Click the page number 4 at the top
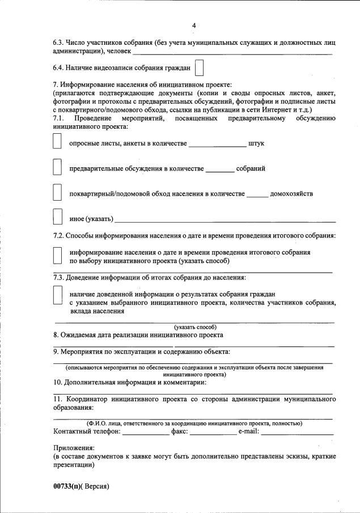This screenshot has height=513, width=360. pyautogui.click(x=194, y=26)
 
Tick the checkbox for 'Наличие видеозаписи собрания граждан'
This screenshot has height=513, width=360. pyautogui.click(x=199, y=68)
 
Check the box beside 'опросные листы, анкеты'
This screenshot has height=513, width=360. pyautogui.click(x=57, y=142)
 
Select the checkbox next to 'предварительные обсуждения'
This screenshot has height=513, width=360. pyautogui.click(x=57, y=168)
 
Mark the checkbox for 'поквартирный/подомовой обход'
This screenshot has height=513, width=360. pyautogui.click(x=57, y=193)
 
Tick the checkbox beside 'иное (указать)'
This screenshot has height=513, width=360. pyautogui.click(x=57, y=218)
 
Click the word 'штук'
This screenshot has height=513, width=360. pyautogui.click(x=256, y=143)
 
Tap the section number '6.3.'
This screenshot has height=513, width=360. pyautogui.click(x=58, y=43)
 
